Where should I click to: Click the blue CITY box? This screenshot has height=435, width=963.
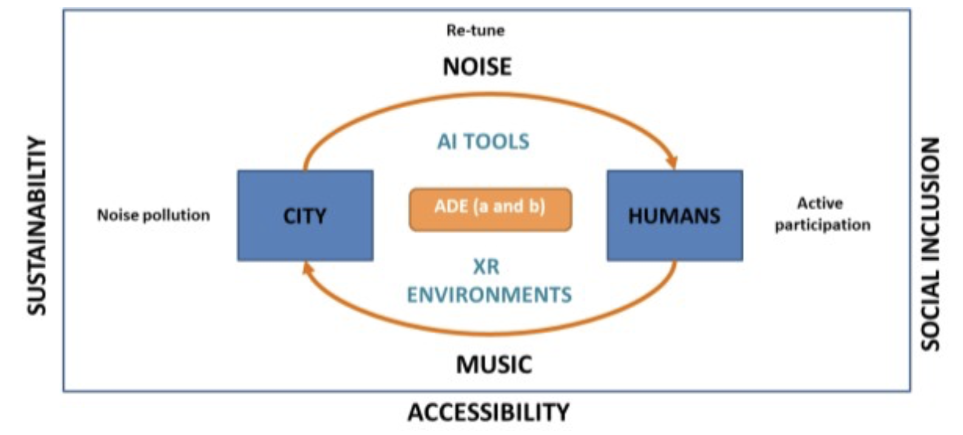pos(305,216)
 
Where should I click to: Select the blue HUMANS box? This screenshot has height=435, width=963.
pos(674,216)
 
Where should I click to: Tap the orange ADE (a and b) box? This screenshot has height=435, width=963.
pos(490,209)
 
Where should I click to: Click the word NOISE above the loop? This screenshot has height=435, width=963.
pos(477,66)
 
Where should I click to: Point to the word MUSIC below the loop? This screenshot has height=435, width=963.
pos(494,365)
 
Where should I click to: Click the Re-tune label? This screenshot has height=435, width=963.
pos(475,30)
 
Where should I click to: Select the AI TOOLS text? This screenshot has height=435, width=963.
pos(483,142)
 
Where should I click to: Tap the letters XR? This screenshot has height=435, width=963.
pos(486,266)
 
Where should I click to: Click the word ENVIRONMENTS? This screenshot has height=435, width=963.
pos(489,295)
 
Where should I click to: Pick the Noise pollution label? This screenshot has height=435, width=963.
pos(153,215)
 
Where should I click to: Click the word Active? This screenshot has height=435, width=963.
pos(820,203)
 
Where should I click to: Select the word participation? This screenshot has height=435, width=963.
pos(822,225)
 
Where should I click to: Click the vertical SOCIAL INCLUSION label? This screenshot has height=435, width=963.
pos(930,243)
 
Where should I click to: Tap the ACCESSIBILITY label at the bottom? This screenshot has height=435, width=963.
pos(489,413)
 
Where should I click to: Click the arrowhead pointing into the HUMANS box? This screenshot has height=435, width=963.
pos(672,163)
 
